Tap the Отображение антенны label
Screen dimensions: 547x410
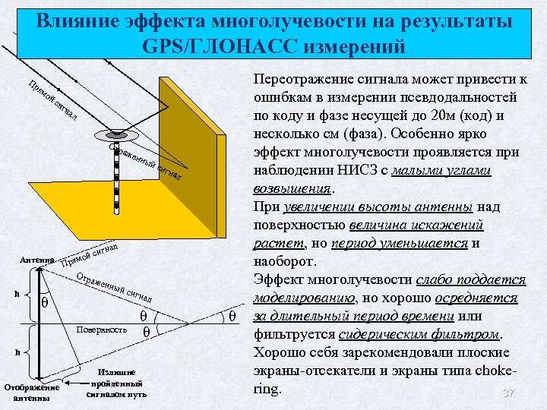[x=31, y=391]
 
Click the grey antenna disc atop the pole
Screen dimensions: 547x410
[x=115, y=134]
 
